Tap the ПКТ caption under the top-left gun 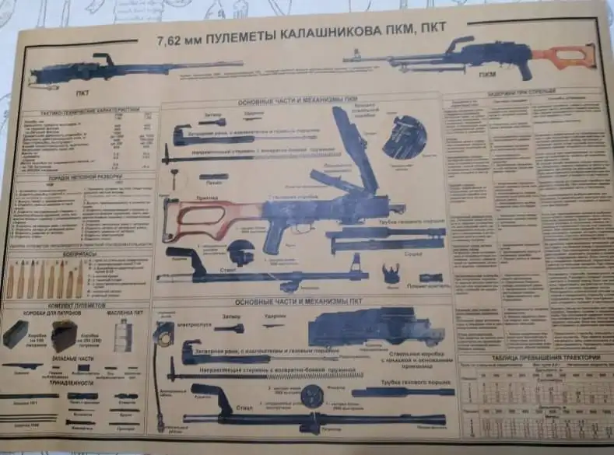coord(82,93)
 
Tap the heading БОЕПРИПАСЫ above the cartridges coord(81,254)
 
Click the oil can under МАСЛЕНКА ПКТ coord(122,334)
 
